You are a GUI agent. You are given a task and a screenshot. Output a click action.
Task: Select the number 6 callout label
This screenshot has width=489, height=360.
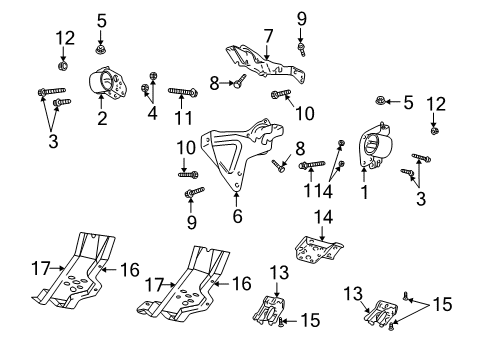pos(237,216)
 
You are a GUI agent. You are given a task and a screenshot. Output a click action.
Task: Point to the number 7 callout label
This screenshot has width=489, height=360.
pos(268,35)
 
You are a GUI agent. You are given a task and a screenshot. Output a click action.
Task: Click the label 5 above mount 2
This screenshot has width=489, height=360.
pos(101,19)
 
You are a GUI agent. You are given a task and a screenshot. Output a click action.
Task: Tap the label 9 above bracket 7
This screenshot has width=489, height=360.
pos(301,17)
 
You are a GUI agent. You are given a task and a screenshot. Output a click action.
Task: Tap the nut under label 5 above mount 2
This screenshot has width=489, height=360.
pos(101,46)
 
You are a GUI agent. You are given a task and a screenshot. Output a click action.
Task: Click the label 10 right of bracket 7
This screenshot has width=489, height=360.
pos(305,113)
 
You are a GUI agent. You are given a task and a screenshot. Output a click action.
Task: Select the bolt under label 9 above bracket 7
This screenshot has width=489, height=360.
pos(301,44)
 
